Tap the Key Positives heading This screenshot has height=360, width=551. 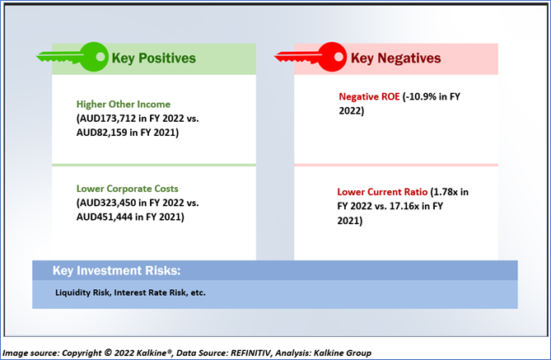153,58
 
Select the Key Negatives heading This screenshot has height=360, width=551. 395,58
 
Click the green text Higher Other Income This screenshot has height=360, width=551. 124,104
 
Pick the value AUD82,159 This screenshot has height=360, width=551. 102,133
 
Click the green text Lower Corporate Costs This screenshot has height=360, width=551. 127,189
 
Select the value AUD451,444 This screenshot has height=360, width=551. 105,217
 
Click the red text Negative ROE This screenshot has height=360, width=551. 369,96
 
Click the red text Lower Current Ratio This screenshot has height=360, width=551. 382,192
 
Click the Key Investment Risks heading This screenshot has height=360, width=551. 117,271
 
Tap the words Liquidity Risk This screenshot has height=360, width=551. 82,292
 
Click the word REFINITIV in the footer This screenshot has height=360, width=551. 250,353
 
